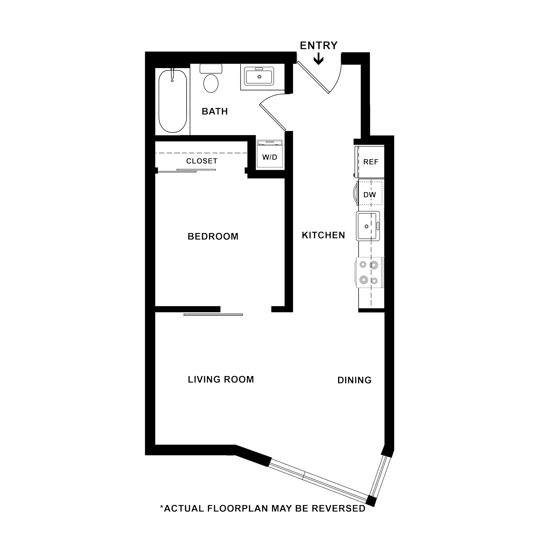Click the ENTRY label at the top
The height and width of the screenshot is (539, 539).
click(318, 45)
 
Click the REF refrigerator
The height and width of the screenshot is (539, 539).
click(370, 162)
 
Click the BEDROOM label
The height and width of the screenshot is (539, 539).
click(213, 237)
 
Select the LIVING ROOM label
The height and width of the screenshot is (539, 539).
click(221, 380)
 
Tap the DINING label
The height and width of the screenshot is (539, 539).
click(354, 380)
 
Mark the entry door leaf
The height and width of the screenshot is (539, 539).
click(313, 77)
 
